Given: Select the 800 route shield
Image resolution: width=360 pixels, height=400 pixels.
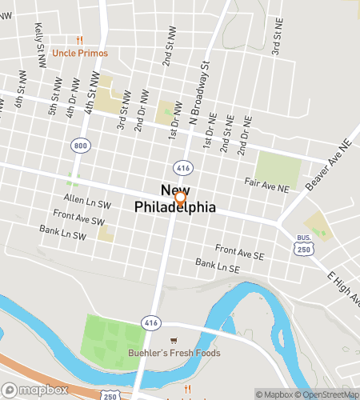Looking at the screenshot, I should pyautogui.click(x=80, y=146).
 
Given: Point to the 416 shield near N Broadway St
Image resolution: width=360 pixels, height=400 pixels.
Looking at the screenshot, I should pyautogui.click(x=183, y=168).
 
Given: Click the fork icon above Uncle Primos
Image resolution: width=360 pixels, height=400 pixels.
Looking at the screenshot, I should pyautogui.click(x=79, y=40).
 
